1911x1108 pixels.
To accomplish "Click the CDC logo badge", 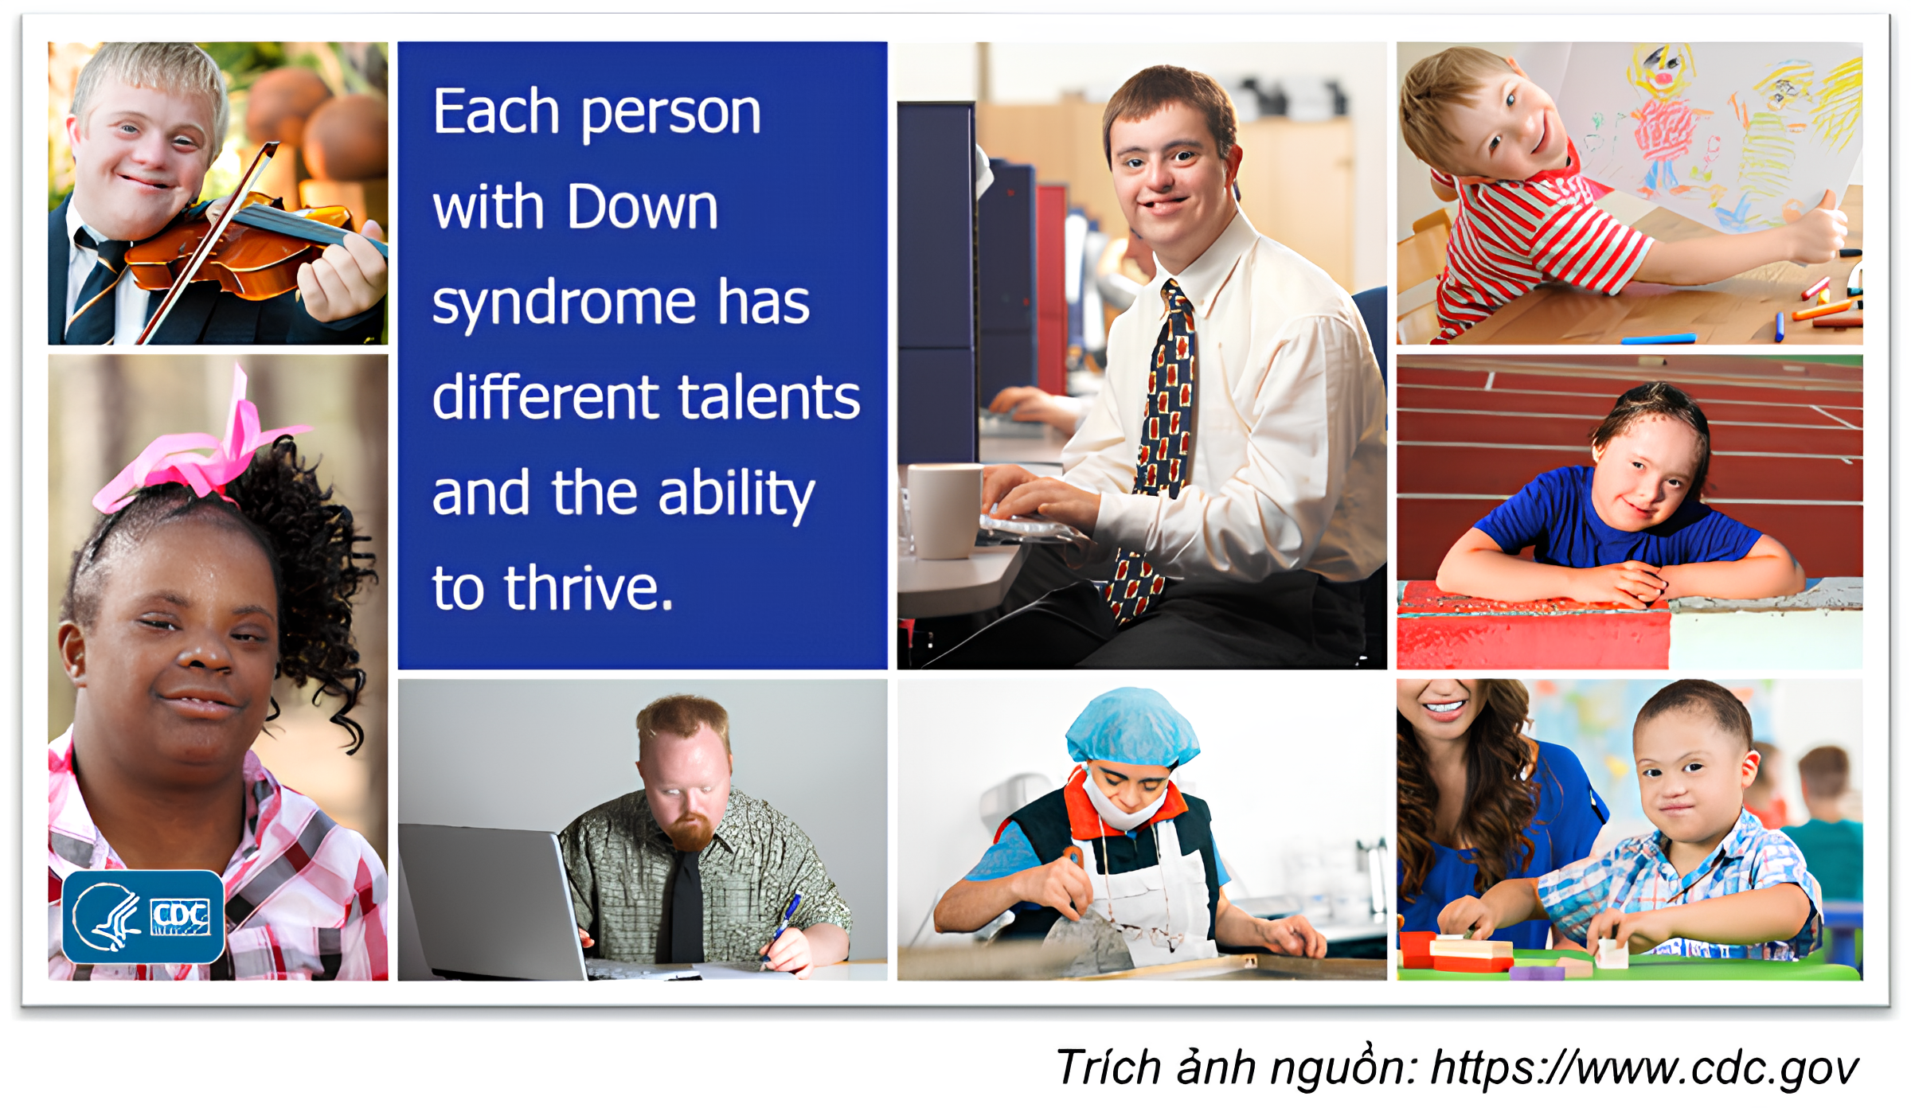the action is (x=143, y=916).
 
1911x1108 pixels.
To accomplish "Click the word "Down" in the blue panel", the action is (x=643, y=207).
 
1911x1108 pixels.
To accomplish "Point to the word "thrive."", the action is (x=589, y=587).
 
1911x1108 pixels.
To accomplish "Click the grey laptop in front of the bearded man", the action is (x=490, y=902).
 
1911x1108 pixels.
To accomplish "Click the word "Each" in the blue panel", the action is (x=497, y=111).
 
